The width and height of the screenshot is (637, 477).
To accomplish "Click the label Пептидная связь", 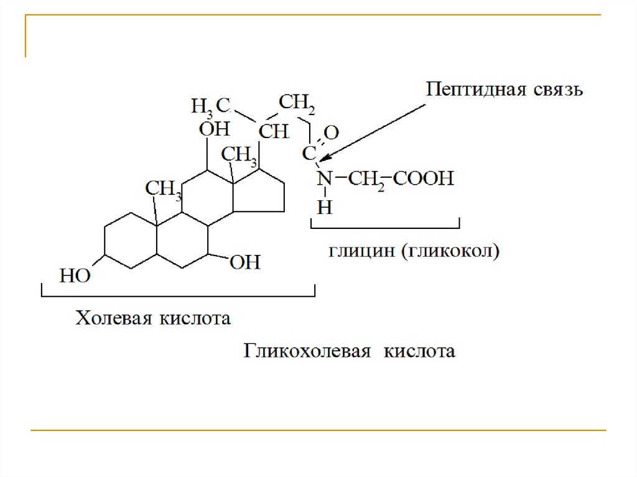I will pos(504,90).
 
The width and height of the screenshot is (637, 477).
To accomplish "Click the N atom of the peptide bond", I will pos(323,180).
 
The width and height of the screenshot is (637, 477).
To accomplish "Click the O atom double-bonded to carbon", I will pos(332,132).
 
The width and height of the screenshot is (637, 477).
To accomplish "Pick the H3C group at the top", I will pos(211,105).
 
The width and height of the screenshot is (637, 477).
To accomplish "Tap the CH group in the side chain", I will pos(273,131).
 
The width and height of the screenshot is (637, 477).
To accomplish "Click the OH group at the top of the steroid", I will pos(214,129).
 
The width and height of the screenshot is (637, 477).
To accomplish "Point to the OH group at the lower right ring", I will pos(245,262).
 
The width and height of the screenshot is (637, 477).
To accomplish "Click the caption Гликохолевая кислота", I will pos(349,351).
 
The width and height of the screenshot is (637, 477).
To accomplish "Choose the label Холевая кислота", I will pos(153,319).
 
